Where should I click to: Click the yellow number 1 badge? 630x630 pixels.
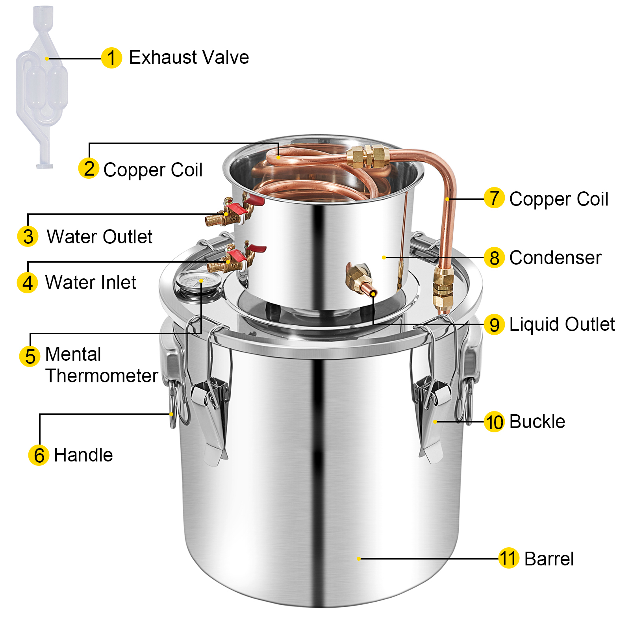[x=111, y=58]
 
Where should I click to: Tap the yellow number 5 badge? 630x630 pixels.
[x=30, y=356]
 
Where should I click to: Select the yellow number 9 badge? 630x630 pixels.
[x=494, y=325]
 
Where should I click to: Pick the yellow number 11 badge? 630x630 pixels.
[x=508, y=558]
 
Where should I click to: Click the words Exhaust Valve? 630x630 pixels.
[x=189, y=57]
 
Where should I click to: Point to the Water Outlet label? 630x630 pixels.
[x=100, y=237]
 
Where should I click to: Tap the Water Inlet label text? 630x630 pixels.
[x=91, y=282]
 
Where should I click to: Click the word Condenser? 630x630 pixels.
[x=555, y=258]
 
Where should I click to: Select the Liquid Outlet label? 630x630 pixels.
[x=562, y=324]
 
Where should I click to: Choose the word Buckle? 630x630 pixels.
[x=537, y=422]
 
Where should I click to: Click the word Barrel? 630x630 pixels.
[x=549, y=559]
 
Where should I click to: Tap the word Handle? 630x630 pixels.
[x=83, y=455]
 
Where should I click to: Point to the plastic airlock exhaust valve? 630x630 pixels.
[x=41, y=87]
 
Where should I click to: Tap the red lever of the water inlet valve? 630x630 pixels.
[x=237, y=256]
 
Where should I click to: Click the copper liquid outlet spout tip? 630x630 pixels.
[x=372, y=293]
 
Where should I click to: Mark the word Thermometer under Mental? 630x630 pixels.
[x=102, y=376]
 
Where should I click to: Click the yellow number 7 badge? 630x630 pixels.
[x=494, y=198]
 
